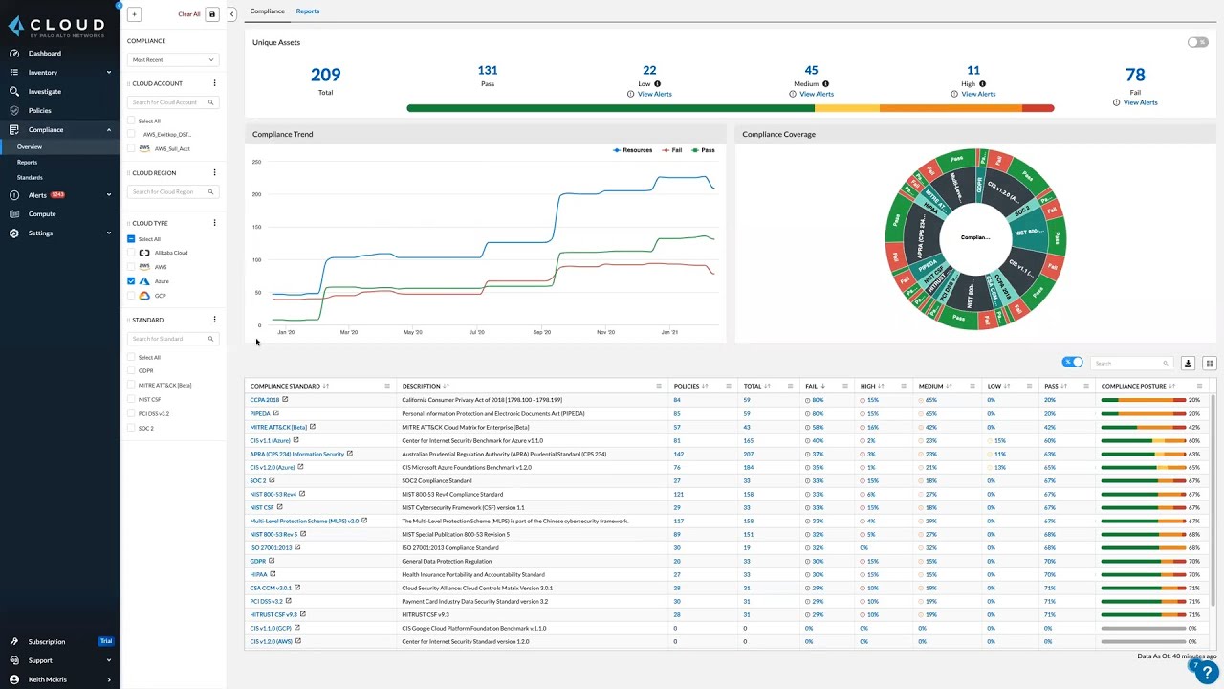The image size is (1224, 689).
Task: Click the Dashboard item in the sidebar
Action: tap(44, 54)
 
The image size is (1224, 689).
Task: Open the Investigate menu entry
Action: tap(44, 92)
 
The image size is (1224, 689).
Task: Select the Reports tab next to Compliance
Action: tap(307, 11)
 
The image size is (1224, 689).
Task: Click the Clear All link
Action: tap(189, 14)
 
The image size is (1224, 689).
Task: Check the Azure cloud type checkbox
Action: tap(131, 281)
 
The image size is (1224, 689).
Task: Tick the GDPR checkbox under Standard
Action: tap(131, 370)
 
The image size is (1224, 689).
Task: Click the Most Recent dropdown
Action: tap(172, 59)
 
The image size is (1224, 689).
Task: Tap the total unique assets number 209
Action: tap(325, 75)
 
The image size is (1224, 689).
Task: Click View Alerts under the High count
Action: tap(978, 94)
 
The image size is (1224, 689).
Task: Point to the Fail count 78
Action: tap(1135, 75)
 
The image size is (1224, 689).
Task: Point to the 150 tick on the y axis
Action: tap(256, 227)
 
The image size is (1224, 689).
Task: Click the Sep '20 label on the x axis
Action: tap(541, 332)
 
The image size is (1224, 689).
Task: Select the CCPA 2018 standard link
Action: tap(265, 400)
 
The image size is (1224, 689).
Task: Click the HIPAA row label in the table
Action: tap(258, 574)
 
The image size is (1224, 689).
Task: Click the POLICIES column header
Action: tap(687, 386)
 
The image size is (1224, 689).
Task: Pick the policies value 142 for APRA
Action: tap(678, 454)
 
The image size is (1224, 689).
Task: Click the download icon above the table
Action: tap(1188, 364)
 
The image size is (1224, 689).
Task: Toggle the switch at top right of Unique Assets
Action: tap(1197, 42)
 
